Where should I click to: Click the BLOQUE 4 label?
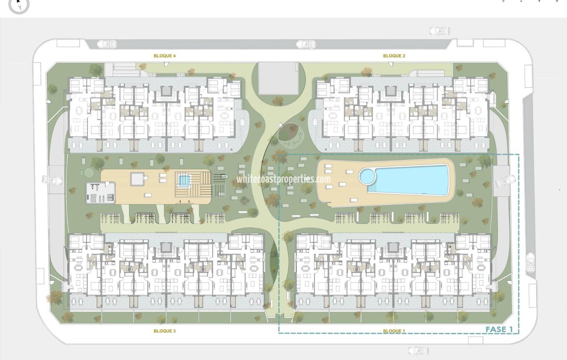[x=164, y=56]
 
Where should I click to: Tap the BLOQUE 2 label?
[x=394, y=56]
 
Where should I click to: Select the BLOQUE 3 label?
[x=164, y=331]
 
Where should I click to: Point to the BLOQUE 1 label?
[x=394, y=331]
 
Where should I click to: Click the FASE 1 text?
[x=499, y=329]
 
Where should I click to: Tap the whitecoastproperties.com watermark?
[x=283, y=179]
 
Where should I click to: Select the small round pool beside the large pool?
[x=367, y=176]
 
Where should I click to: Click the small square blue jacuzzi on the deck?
[x=183, y=180]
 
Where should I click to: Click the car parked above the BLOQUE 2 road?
[x=439, y=31]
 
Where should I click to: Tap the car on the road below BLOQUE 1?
[x=418, y=350]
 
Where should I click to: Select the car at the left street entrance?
[x=52, y=180]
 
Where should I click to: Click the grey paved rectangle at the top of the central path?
[x=278, y=78]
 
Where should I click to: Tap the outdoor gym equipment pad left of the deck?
[x=100, y=193]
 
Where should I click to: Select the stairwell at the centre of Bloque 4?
[x=166, y=91]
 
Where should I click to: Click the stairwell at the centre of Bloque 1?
[x=393, y=247]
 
